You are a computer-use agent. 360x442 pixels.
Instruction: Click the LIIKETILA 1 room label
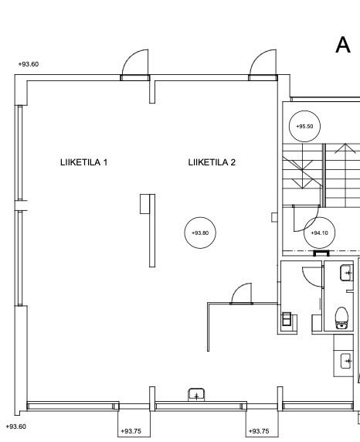tap(83, 162)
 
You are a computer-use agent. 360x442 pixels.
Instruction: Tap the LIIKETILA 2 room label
tap(212, 162)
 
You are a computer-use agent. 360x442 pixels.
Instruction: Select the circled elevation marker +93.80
tap(200, 233)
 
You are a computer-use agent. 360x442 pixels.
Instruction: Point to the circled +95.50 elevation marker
tap(304, 126)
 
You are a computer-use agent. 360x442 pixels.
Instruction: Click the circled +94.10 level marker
tap(319, 233)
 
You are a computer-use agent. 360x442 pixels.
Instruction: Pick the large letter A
tap(343, 45)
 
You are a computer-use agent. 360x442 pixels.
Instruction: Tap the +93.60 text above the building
tap(29, 64)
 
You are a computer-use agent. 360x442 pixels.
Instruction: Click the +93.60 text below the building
tap(15, 427)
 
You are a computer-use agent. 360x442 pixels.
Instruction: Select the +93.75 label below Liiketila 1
tap(131, 431)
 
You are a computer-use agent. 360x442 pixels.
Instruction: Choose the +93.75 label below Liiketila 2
tap(259, 431)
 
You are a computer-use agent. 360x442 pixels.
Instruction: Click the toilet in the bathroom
tap(342, 318)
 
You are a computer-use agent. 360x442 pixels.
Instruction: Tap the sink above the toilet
tap(346, 273)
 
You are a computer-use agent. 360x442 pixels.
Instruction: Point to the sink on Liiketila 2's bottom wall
tap(196, 395)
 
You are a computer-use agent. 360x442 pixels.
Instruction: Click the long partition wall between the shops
tap(152, 230)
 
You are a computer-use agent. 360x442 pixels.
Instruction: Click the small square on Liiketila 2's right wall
tap(274, 217)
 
